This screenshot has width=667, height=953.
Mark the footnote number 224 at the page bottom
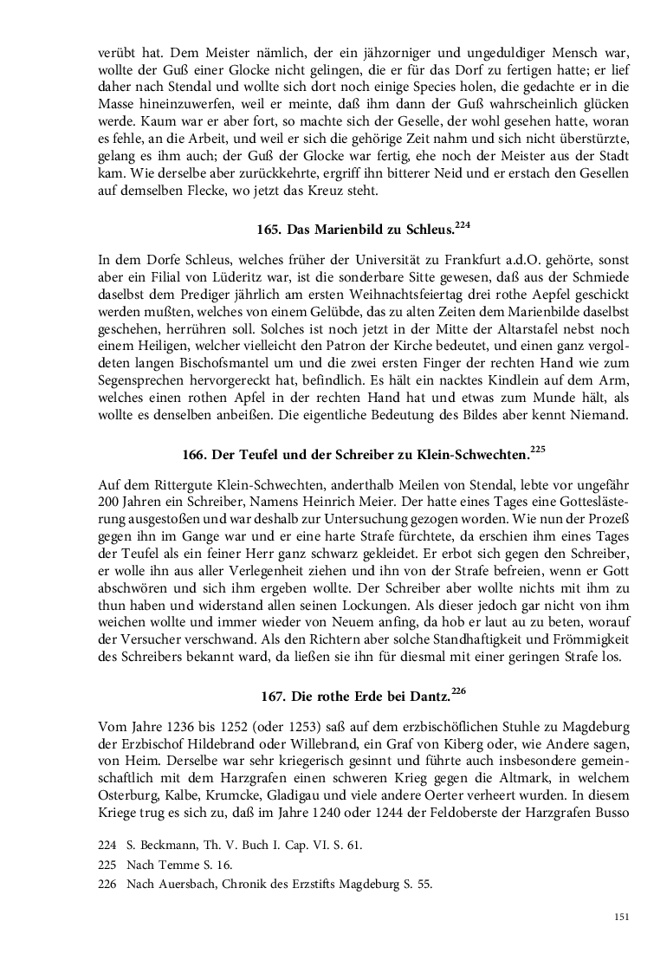pos(107,844)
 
